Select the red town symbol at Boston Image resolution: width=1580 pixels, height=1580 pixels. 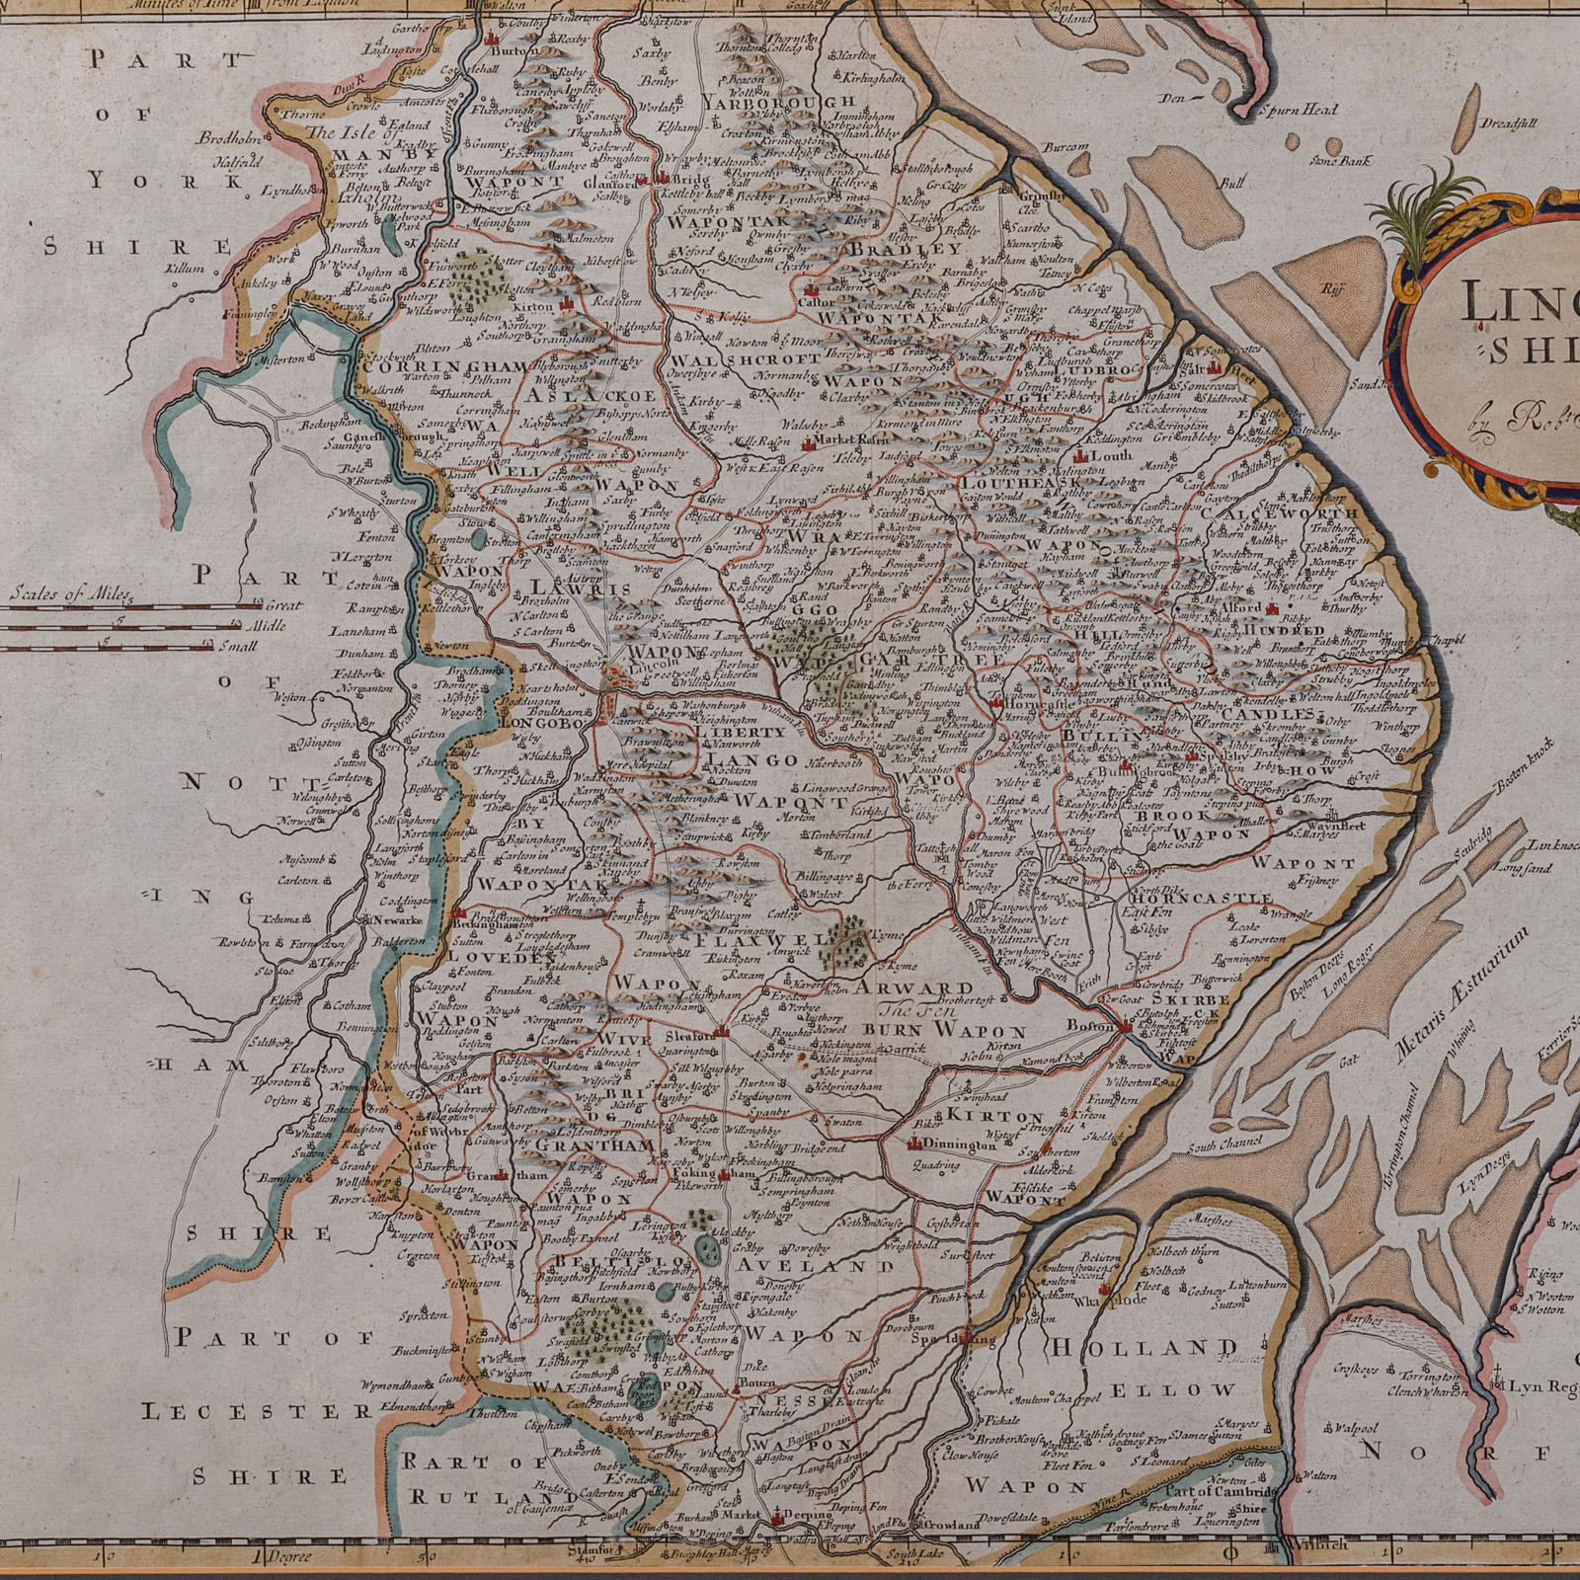tap(1126, 1029)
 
